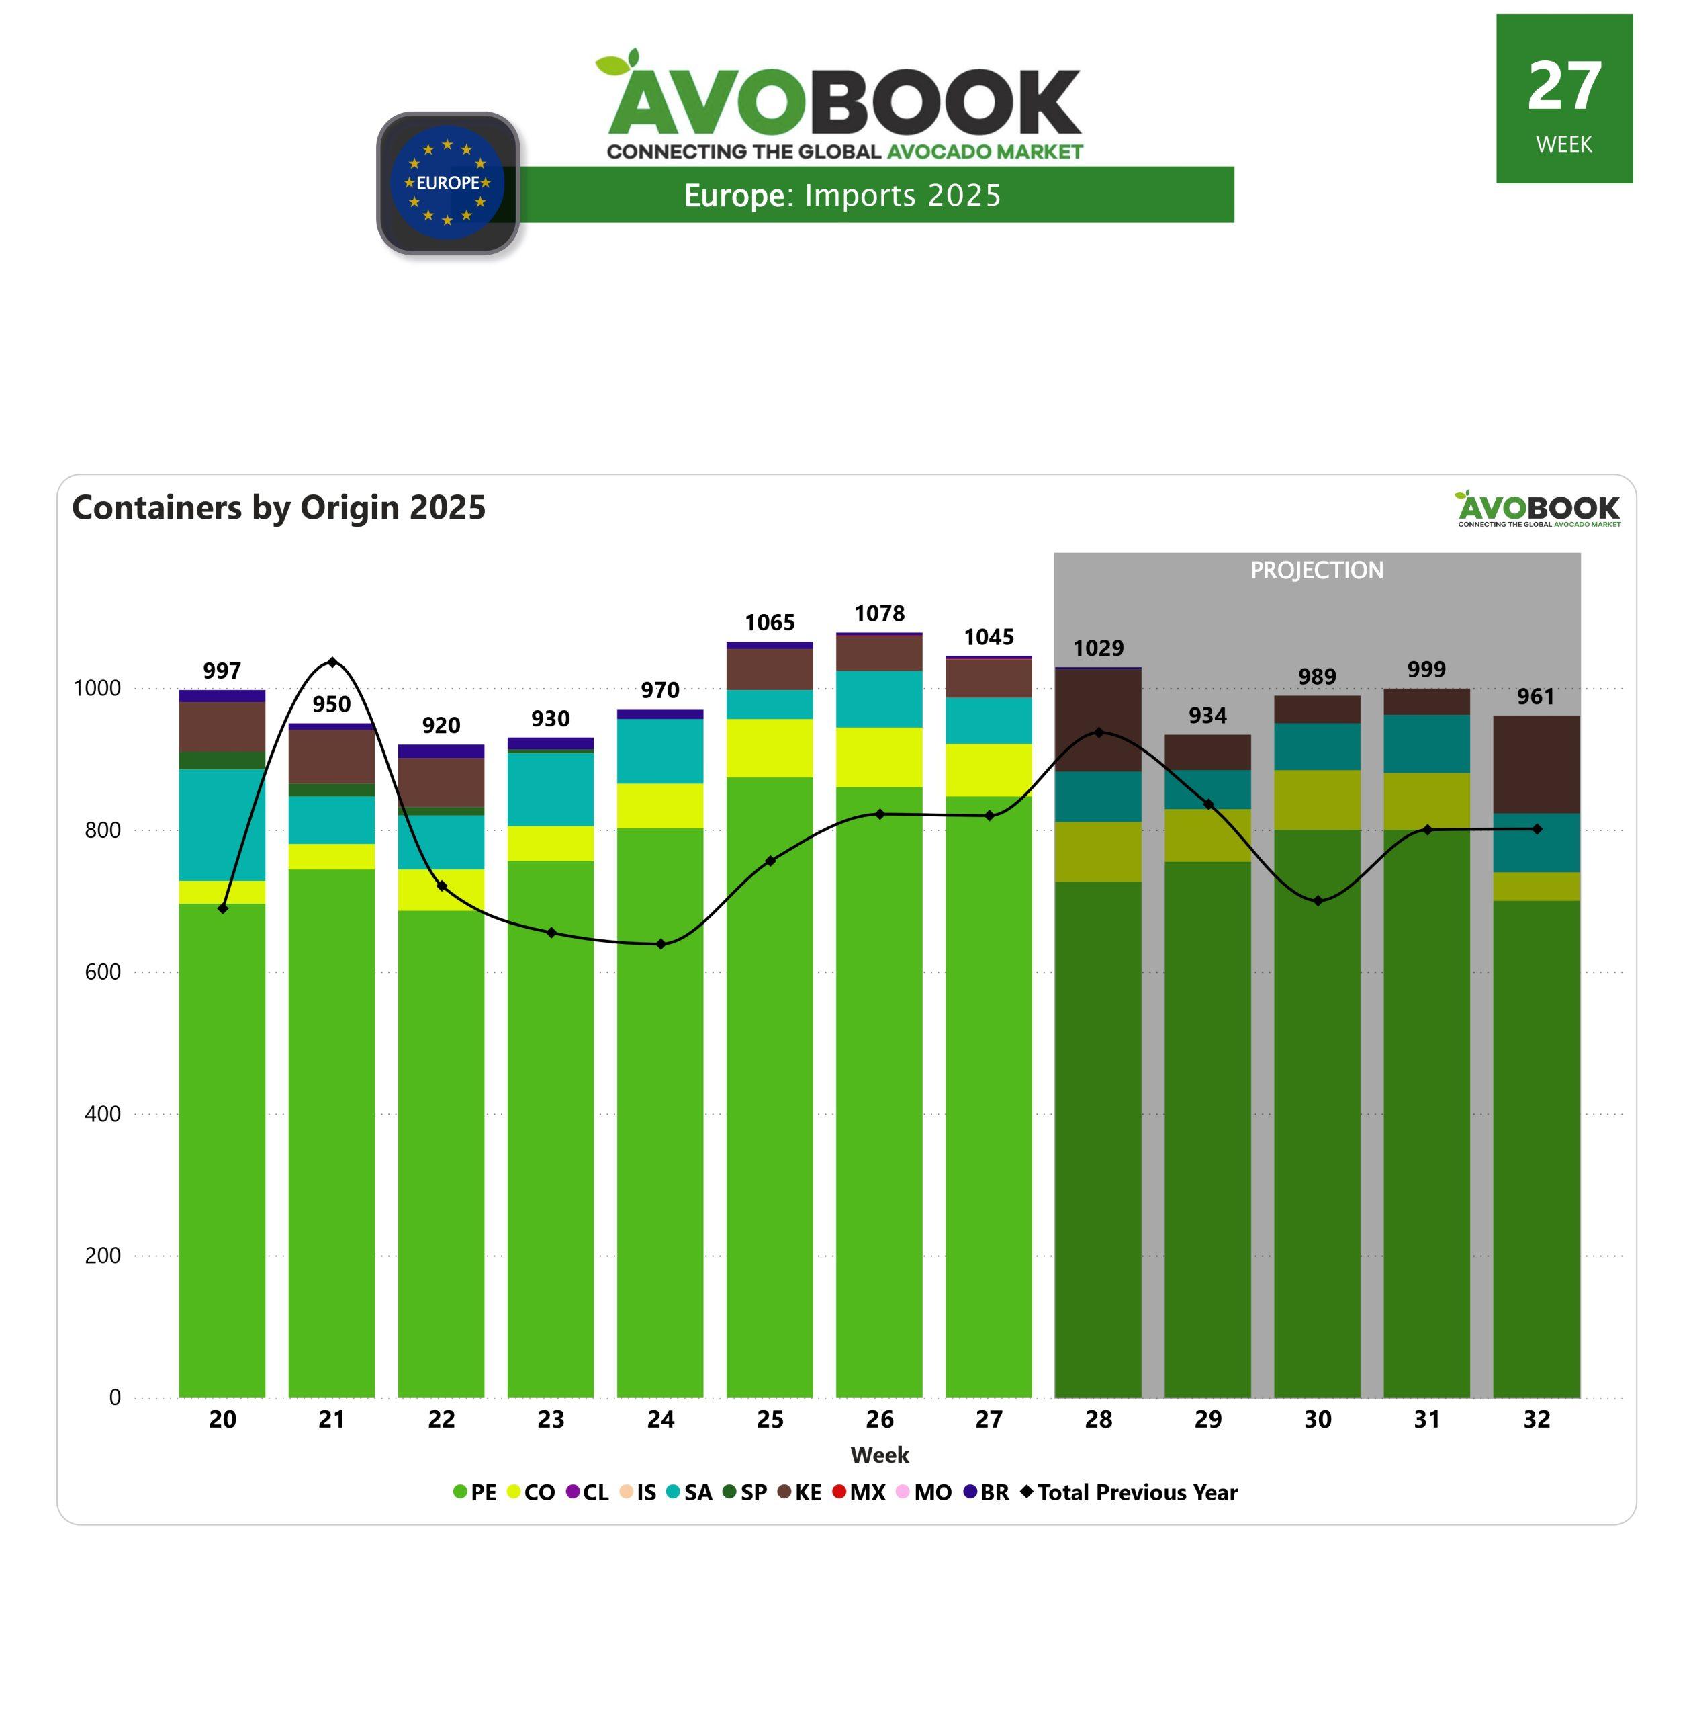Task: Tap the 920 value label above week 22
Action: click(441, 726)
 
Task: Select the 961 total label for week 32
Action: click(1536, 697)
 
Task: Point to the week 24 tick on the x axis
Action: click(660, 1420)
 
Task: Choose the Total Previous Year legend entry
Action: click(1129, 1492)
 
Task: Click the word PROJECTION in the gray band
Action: click(1317, 570)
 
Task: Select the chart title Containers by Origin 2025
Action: click(279, 508)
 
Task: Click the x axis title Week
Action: click(879, 1455)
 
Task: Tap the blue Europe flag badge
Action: click(448, 183)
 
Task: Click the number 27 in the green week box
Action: click(1564, 87)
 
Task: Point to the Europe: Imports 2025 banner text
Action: click(842, 196)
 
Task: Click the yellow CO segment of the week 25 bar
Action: click(769, 748)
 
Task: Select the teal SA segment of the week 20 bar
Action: click(222, 824)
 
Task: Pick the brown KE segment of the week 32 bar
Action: click(1536, 764)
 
